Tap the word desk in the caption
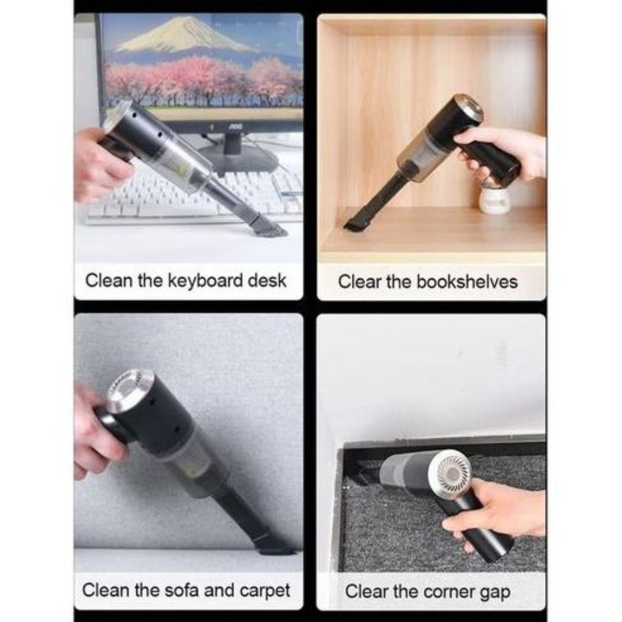(267, 281)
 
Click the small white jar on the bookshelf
(494, 199)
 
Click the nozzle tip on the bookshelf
(355, 225)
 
